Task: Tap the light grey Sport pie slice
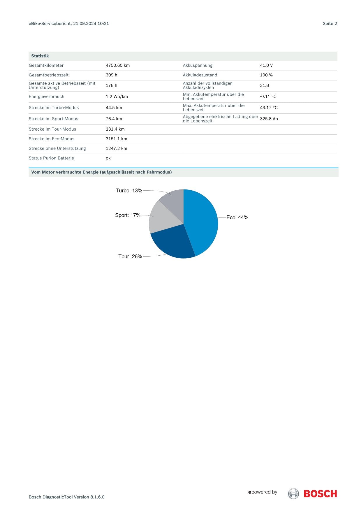(163, 219)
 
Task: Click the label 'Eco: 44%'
(237, 217)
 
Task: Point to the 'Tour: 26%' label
(130, 257)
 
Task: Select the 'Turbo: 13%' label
(129, 191)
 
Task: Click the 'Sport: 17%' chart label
(128, 215)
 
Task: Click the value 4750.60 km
(118, 65)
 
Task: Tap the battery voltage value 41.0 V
(266, 65)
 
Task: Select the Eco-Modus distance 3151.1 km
(117, 139)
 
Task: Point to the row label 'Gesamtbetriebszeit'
(49, 75)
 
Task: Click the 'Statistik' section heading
(40, 56)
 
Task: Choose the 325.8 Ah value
(269, 119)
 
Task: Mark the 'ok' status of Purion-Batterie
(108, 158)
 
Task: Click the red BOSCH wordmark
(320, 494)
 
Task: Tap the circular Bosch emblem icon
(293, 494)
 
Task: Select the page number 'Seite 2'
(330, 24)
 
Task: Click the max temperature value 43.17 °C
(269, 108)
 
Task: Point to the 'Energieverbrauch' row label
(47, 96)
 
